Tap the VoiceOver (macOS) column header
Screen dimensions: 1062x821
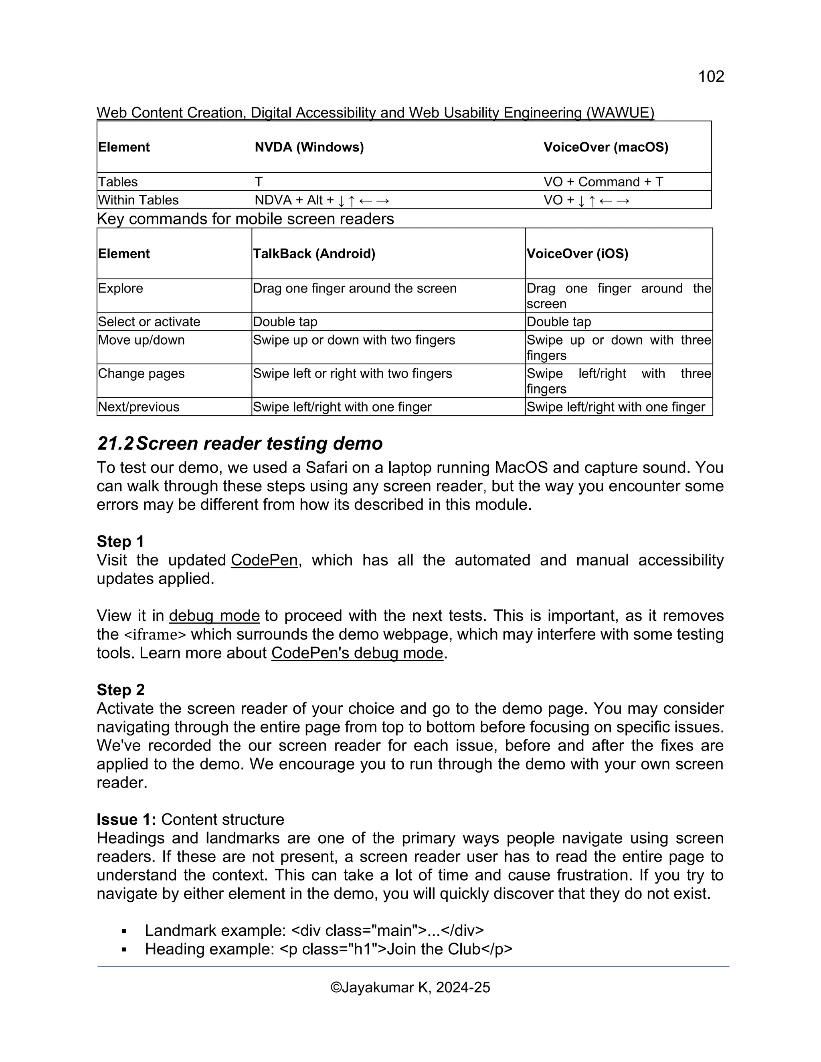(606, 147)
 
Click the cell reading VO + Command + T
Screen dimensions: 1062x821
(603, 182)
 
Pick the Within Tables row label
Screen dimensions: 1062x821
(138, 200)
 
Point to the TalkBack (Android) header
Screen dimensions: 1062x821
(314, 254)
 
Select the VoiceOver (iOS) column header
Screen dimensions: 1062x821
(577, 254)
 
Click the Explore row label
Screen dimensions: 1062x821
(121, 289)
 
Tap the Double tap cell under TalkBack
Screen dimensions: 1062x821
(285, 322)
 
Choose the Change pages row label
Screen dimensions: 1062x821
(141, 374)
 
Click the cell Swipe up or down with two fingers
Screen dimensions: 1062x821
(354, 340)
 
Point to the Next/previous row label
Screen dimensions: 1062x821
(139, 407)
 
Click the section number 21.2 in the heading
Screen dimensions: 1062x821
(115, 444)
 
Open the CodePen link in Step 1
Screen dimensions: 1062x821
(264, 560)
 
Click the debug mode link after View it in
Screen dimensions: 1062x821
(214, 616)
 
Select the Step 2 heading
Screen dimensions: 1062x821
(121, 690)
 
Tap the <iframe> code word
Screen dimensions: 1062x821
(155, 634)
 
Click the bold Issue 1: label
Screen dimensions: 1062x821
(126, 820)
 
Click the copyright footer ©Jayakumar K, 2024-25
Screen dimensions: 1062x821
(410, 987)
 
